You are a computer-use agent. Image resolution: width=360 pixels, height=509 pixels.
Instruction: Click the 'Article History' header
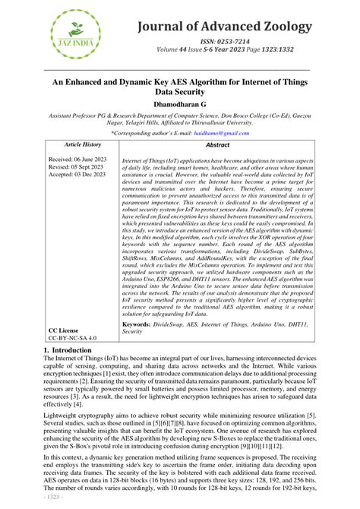pos(82,144)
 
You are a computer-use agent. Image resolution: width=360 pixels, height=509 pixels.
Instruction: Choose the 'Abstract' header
pos(218,144)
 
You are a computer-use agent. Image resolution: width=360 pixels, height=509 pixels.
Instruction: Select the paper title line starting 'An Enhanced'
pos(179,77)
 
